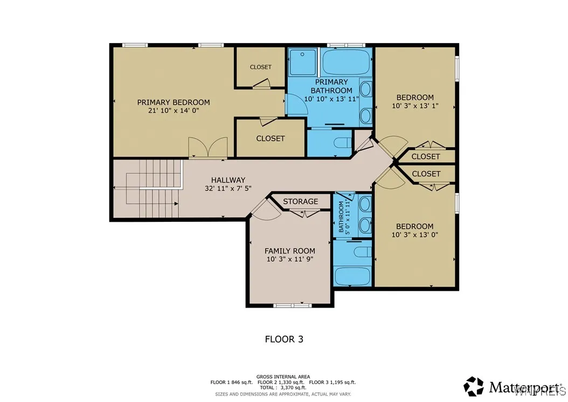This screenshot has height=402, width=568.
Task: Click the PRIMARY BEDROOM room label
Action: [x=173, y=102]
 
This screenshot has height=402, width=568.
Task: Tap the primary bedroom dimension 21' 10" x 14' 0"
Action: [x=173, y=111]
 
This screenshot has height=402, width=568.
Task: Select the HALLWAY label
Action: [x=228, y=180]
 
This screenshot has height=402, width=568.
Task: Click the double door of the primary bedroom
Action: [x=207, y=148]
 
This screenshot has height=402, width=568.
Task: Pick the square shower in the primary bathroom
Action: [x=302, y=62]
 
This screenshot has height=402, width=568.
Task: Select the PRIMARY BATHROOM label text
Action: [x=331, y=86]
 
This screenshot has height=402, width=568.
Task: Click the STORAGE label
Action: [x=301, y=201]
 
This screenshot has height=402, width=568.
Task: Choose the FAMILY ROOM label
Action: [x=290, y=251]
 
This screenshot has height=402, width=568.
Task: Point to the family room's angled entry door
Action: [x=264, y=209]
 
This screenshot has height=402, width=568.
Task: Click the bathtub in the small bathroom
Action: [x=351, y=276]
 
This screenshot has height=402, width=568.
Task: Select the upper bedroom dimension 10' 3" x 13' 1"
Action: [x=415, y=106]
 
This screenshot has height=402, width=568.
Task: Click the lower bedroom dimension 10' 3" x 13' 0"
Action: [x=414, y=235]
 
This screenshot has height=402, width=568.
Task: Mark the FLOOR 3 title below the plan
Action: [x=284, y=339]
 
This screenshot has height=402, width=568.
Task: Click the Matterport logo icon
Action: [x=474, y=386]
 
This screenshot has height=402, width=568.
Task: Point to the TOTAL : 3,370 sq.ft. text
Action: [x=283, y=387]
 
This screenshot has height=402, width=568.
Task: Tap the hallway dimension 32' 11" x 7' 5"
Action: [x=228, y=189]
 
